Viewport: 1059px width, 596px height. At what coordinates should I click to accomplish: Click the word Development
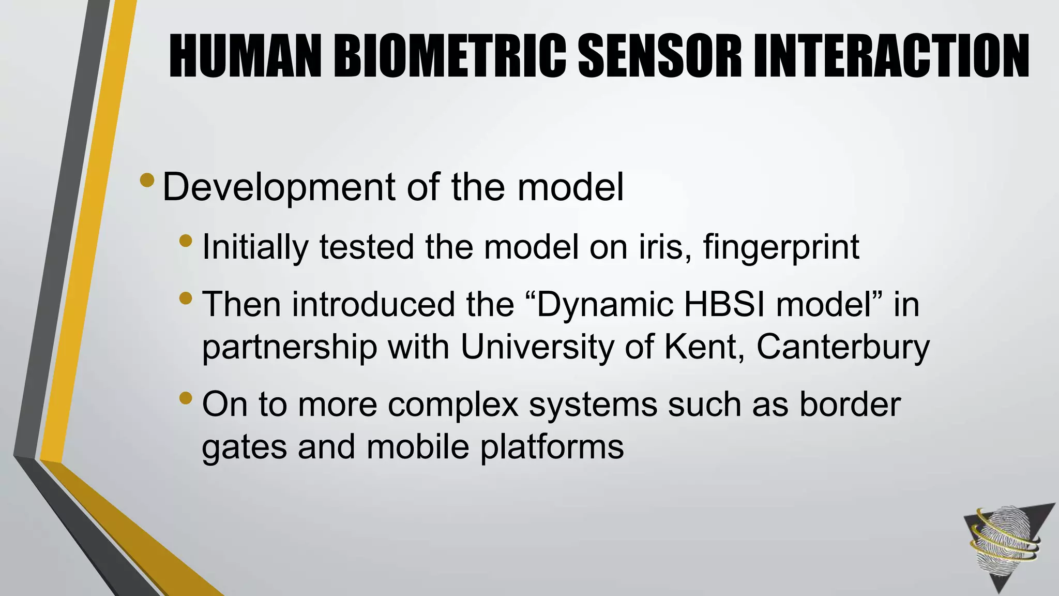tap(279, 188)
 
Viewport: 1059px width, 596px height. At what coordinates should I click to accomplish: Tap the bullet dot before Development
tap(147, 180)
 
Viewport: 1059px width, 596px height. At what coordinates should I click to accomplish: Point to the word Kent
tap(704, 347)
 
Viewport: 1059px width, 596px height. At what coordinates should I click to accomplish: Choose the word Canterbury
tap(843, 348)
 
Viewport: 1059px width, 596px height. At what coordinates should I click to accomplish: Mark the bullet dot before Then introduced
tap(186, 298)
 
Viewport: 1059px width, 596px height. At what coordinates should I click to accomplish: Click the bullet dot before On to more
tap(186, 398)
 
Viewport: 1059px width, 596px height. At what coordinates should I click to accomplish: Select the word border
tap(850, 404)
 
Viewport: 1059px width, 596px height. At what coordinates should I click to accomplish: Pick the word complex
tap(453, 405)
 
